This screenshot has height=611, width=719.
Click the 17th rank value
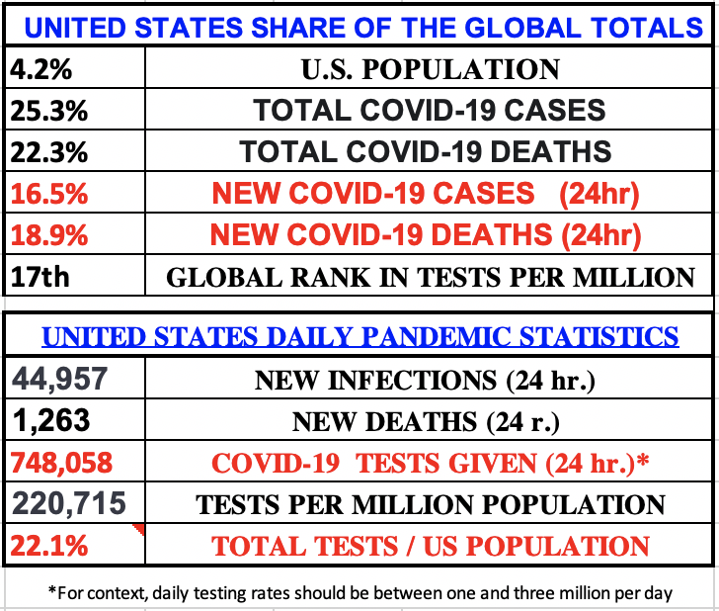point(40,276)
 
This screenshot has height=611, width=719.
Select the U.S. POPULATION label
point(431,70)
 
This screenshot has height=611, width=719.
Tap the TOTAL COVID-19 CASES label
point(431,111)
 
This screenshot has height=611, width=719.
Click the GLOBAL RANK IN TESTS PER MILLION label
point(431,277)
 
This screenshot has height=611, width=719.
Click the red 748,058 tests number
point(61,462)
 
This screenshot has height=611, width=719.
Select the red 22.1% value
point(46,545)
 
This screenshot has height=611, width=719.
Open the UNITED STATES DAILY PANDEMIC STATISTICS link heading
point(360,336)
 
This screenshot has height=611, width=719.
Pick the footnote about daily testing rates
point(360,592)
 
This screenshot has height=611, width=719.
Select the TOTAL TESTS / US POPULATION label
point(431,546)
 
